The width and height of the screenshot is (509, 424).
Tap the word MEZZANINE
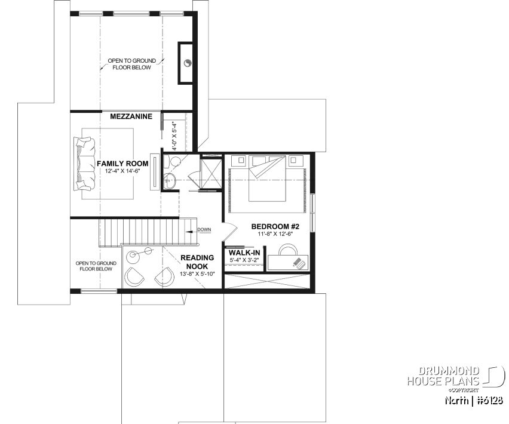131,116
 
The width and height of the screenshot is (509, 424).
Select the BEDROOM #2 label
275,227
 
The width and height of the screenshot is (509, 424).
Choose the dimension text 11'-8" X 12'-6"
275,235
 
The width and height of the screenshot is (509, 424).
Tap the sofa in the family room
84,164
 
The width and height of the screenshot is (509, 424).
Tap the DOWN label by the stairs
204,229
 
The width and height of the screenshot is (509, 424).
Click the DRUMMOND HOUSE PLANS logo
454,376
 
